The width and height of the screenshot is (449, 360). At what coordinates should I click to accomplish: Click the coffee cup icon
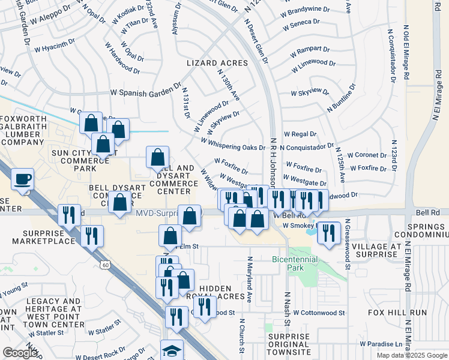(23, 179)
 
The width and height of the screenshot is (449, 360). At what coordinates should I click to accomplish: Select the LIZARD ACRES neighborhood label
(217, 63)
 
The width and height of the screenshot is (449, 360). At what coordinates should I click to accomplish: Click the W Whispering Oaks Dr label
(233, 146)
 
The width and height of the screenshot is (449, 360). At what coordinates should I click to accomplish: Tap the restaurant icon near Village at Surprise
(328, 232)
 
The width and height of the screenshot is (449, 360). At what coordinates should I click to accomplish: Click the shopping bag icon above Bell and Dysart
(157, 157)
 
